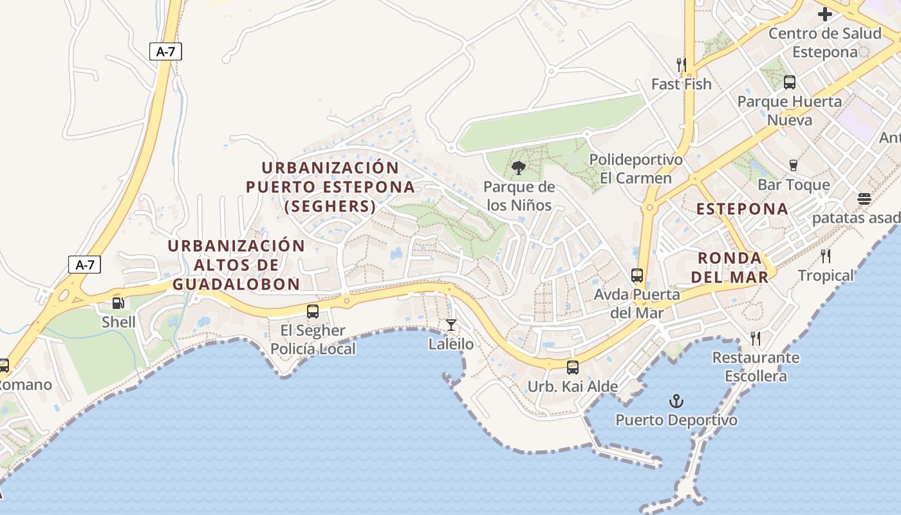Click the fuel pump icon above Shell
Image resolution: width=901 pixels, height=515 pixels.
(x=118, y=303)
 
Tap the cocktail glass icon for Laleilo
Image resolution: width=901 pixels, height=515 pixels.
(x=451, y=324)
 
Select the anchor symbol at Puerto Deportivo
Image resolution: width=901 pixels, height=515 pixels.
(x=676, y=401)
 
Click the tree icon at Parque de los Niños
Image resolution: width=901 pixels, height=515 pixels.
(x=518, y=169)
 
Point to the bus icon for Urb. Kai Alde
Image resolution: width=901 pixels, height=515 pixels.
(x=572, y=368)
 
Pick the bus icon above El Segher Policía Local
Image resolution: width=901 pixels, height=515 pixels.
(x=313, y=312)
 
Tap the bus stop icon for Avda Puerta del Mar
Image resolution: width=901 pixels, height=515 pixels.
(x=636, y=276)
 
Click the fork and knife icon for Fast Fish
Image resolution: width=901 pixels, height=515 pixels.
(x=681, y=64)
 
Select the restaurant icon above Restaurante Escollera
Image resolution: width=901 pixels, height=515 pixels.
(x=756, y=338)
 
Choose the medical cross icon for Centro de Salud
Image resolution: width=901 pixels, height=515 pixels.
(x=824, y=14)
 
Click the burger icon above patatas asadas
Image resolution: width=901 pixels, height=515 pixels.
(x=864, y=199)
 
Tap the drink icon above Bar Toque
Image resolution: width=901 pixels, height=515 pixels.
(x=794, y=165)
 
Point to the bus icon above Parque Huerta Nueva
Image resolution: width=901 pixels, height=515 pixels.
(x=789, y=82)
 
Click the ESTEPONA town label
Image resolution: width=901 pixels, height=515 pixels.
(x=742, y=209)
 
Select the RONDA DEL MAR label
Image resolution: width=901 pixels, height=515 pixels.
(x=733, y=268)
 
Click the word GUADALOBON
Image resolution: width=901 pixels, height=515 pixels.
(x=236, y=284)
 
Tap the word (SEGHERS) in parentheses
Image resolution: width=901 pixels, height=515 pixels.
(x=330, y=206)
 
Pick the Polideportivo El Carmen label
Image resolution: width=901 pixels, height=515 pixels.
(x=635, y=169)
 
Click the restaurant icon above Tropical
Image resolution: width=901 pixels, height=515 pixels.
(x=825, y=256)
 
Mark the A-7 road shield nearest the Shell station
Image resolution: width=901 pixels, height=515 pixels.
(x=84, y=264)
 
